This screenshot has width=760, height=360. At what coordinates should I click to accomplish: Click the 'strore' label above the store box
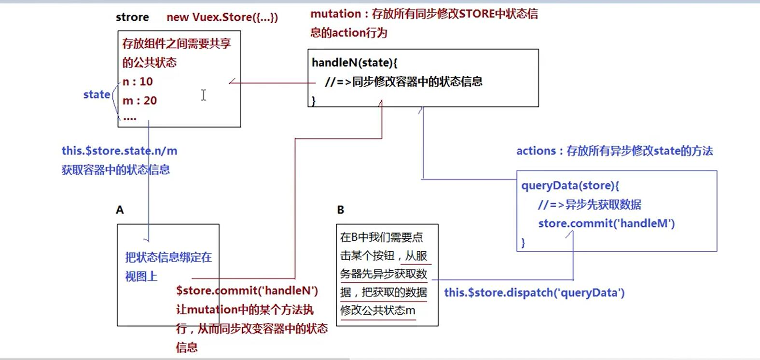coord(132,17)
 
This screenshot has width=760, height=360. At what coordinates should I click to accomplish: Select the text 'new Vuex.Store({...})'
coord(222,17)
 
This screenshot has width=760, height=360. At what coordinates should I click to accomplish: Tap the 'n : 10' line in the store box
coord(138,82)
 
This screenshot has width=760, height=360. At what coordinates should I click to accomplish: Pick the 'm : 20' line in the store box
coord(139,101)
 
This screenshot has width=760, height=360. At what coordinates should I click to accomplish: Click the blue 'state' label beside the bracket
coord(97,95)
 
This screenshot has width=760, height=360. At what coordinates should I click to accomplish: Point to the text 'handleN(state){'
coord(354,63)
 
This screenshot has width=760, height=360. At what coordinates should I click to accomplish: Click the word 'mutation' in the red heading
coord(335,14)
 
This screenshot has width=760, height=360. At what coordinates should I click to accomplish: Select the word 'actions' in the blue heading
coord(536,151)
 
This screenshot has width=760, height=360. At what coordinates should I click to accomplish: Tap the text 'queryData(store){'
coord(570,186)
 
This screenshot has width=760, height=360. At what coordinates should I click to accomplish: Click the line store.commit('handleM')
coord(606,223)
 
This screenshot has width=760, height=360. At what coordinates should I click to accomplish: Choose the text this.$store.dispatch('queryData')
coord(534,293)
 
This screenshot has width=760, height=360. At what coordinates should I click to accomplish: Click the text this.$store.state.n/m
coord(119,151)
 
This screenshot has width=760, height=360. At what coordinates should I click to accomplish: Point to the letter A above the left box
coord(120,210)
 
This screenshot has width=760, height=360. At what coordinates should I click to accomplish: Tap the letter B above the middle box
coord(341,210)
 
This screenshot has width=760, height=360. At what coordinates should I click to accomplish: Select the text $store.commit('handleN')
coord(247,291)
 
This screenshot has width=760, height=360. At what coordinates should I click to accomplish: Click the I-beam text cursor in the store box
coord(204,95)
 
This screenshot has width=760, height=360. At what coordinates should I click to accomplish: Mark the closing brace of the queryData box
coord(523,242)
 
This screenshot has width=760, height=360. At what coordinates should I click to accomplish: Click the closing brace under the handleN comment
coord(314,101)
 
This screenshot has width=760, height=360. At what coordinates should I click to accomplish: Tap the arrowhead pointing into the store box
coord(232,82)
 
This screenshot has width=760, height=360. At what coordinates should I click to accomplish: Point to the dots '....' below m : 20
coord(130,118)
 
